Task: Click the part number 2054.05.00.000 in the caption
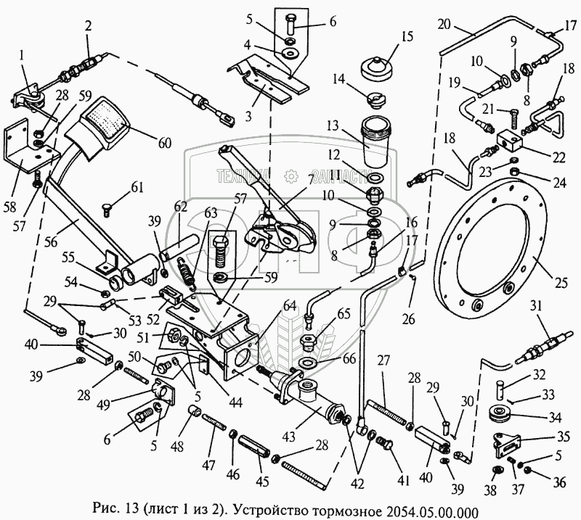[434, 510]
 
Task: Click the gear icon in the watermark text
[290, 176]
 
